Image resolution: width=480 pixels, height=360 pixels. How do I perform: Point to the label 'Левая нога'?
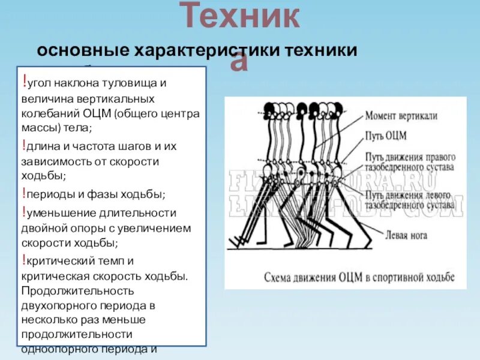point(406,235)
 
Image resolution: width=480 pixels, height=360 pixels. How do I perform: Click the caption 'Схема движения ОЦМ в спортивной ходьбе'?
point(360,278)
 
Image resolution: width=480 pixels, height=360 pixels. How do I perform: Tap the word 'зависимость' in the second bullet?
point(49,161)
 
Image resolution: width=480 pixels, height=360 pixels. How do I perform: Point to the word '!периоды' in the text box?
point(46,194)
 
